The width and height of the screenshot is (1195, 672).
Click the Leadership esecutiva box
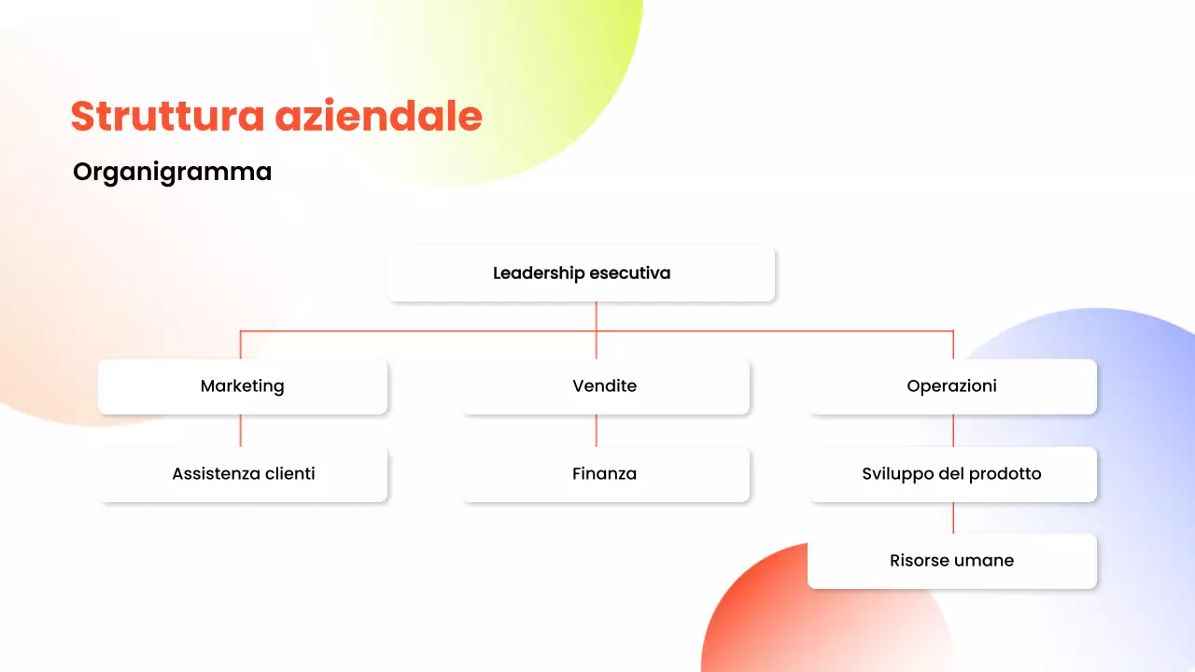[581, 273]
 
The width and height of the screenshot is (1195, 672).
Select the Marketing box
[242, 386]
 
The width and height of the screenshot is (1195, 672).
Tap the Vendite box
[604, 386]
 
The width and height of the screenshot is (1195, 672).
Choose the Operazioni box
[951, 386]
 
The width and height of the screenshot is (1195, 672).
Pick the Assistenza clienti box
[243, 474]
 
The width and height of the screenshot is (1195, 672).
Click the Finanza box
[604, 474]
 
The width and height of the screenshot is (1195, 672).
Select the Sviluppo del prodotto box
[951, 474]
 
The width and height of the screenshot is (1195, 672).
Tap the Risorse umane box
[951, 561]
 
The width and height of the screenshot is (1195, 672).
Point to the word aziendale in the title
[378, 117]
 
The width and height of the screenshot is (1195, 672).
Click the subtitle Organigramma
[172, 172]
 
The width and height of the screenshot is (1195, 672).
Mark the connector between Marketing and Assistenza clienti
[241, 430]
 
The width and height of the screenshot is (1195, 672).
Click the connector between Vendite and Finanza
[597, 430]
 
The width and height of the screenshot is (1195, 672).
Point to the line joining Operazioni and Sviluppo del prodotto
[953, 430]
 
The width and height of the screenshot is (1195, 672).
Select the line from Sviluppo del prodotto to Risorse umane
[953, 518]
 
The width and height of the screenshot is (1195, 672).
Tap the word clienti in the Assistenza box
[285, 474]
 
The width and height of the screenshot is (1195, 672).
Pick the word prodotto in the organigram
[1005, 474]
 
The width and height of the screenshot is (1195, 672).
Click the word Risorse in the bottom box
[919, 561]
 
